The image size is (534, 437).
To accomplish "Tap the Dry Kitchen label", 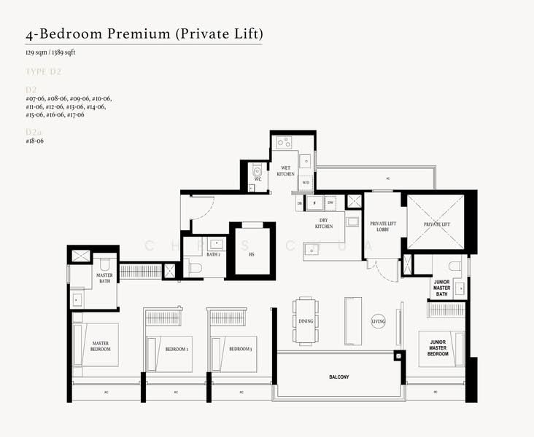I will pyautogui.click(x=324, y=223).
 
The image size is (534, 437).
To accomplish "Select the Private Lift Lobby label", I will pyautogui.click(x=382, y=227).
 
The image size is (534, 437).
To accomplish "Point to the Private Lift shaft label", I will pyautogui.click(x=436, y=224).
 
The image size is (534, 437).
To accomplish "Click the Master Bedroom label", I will pyautogui.click(x=101, y=346).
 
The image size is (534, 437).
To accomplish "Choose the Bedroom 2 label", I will pyautogui.click(x=177, y=349).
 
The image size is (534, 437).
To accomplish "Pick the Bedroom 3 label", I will pyautogui.click(x=241, y=349).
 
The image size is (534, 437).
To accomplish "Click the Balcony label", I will pyautogui.click(x=338, y=377).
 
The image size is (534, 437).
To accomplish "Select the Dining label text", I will pyautogui.click(x=306, y=320).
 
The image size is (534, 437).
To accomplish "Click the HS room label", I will pyautogui.click(x=252, y=254).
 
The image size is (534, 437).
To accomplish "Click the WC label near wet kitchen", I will pyautogui.click(x=258, y=178).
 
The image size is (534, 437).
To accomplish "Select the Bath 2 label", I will pyautogui.click(x=213, y=254).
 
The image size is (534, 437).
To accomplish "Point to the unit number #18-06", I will pyautogui.click(x=35, y=141).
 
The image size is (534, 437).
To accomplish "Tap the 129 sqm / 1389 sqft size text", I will pyautogui.click(x=50, y=53).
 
